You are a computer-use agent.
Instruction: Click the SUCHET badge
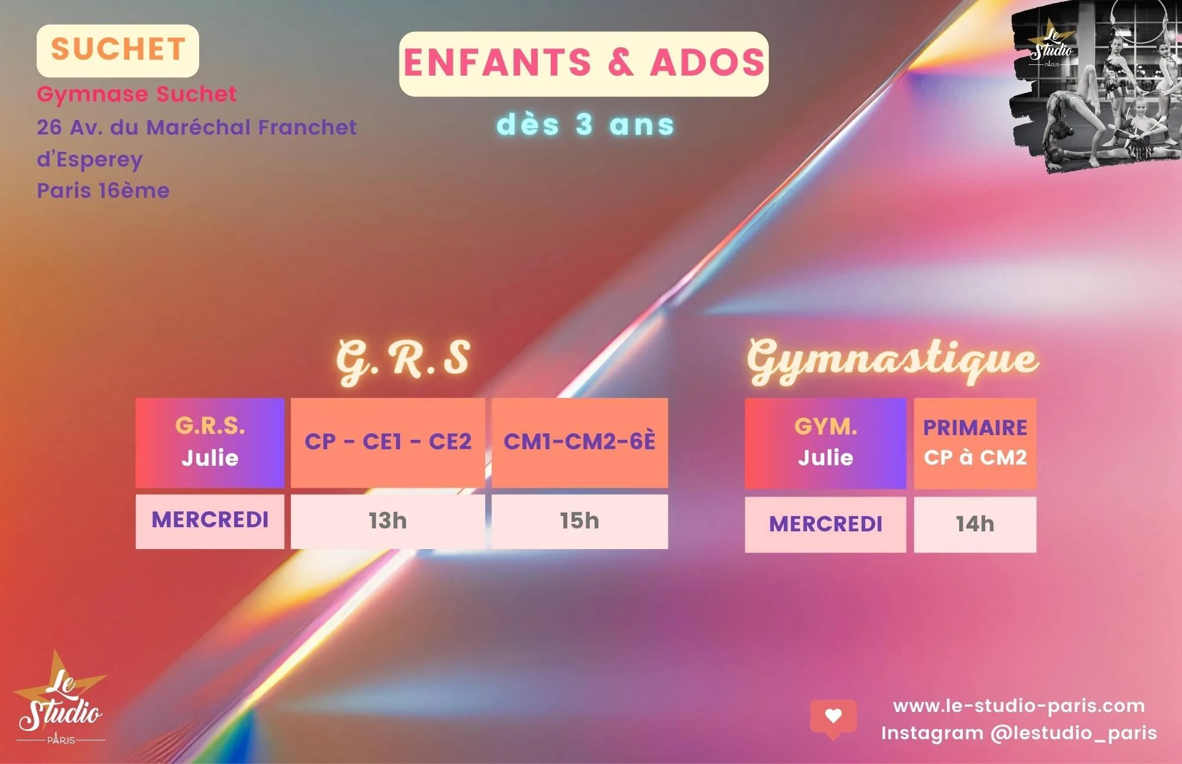point(118,50)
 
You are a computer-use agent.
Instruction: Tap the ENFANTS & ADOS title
point(583,63)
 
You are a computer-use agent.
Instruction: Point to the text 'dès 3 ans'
point(585,125)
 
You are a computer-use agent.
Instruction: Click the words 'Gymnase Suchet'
point(137,94)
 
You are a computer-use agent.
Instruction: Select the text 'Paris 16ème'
point(103,191)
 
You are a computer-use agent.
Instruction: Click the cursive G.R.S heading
point(403,358)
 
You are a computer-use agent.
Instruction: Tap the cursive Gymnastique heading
point(892,360)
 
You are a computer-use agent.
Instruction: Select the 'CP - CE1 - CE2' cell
point(388,442)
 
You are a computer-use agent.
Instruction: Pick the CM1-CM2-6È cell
point(579,442)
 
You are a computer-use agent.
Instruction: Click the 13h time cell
point(388,521)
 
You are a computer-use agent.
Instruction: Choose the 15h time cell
point(579,521)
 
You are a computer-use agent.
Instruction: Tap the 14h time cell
point(975,524)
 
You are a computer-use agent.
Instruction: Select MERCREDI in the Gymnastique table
point(825,524)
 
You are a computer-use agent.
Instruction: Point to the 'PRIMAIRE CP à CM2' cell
point(975,443)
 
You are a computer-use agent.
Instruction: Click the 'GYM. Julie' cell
point(825,443)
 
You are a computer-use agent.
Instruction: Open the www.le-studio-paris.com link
point(1018,706)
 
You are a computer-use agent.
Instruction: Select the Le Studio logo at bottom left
point(60,700)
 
